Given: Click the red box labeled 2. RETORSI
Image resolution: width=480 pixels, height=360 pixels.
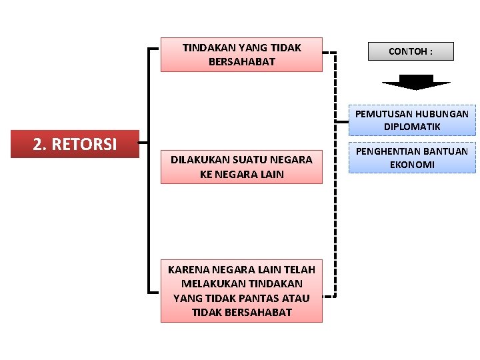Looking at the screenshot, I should click(75, 144).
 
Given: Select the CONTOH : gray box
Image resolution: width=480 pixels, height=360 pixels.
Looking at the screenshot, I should click(411, 51).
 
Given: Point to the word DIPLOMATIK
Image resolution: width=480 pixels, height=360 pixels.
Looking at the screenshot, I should click(412, 126).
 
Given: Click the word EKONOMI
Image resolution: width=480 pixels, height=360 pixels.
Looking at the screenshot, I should click(412, 164).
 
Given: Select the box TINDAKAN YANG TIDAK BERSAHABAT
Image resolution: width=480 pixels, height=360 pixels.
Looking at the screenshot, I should click(241, 55).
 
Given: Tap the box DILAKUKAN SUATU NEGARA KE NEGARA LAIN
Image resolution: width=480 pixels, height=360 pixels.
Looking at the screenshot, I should click(241, 167).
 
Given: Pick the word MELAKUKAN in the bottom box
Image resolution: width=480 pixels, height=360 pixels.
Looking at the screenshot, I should click(207, 284).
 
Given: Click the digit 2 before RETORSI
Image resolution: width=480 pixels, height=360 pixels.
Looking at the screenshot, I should click(37, 144).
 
